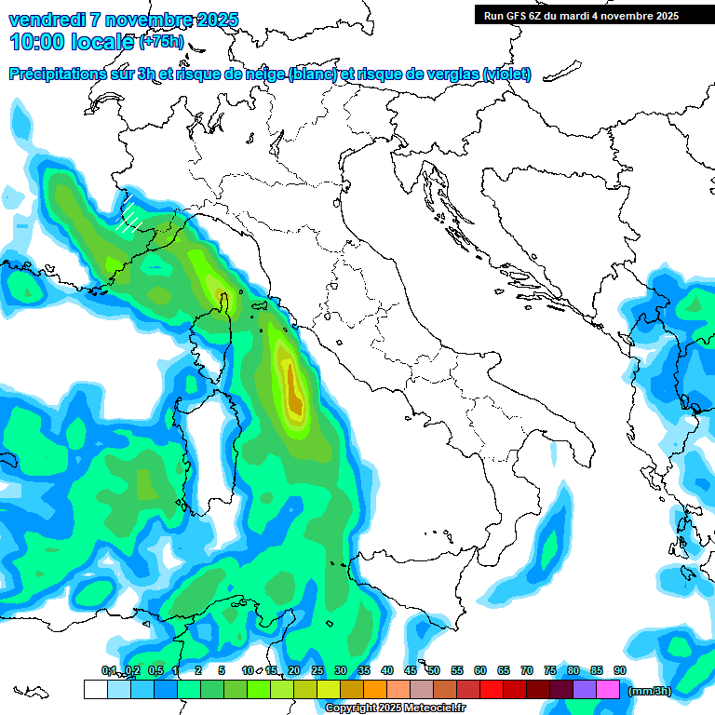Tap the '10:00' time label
point(37,41)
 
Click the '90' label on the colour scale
point(620,670)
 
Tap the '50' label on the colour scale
point(434,670)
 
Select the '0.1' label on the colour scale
point(109,670)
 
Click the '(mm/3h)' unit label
point(649,691)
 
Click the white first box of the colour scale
point(95,690)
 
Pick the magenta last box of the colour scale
point(608,690)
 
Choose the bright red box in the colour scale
point(492,690)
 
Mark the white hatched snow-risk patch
point(129,217)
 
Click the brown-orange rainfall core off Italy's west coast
point(293,391)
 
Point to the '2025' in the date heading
point(213,20)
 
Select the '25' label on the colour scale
point(317,670)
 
